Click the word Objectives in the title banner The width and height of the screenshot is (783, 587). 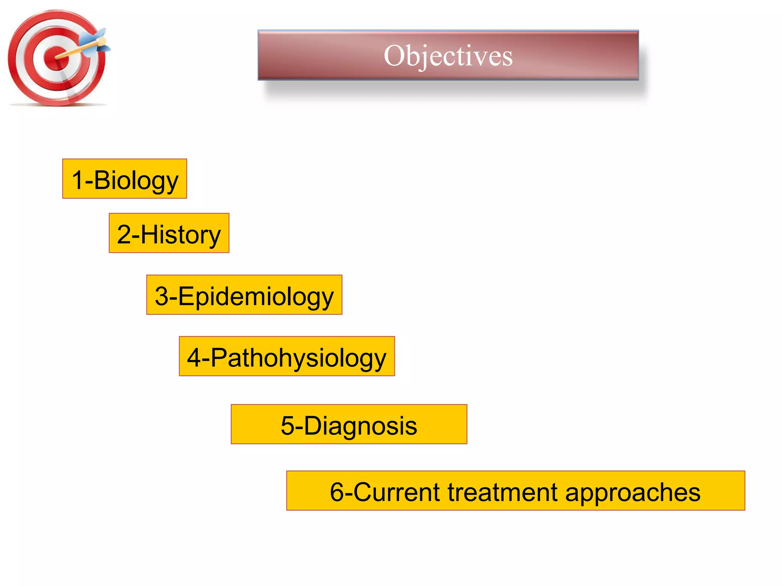(448, 56)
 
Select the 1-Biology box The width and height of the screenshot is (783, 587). (125, 179)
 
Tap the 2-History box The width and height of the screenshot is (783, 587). (169, 233)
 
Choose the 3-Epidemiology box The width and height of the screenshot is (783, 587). (244, 295)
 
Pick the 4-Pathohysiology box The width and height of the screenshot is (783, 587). (287, 357)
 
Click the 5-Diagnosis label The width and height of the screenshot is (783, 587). (349, 425)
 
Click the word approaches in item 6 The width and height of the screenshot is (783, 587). (633, 493)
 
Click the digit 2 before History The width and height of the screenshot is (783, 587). (124, 234)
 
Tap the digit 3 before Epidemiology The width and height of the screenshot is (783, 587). (161, 296)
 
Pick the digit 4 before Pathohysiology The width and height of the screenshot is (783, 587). (194, 358)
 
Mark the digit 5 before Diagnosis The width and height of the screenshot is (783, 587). (288, 426)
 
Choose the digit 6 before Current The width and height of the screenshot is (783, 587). (336, 492)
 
